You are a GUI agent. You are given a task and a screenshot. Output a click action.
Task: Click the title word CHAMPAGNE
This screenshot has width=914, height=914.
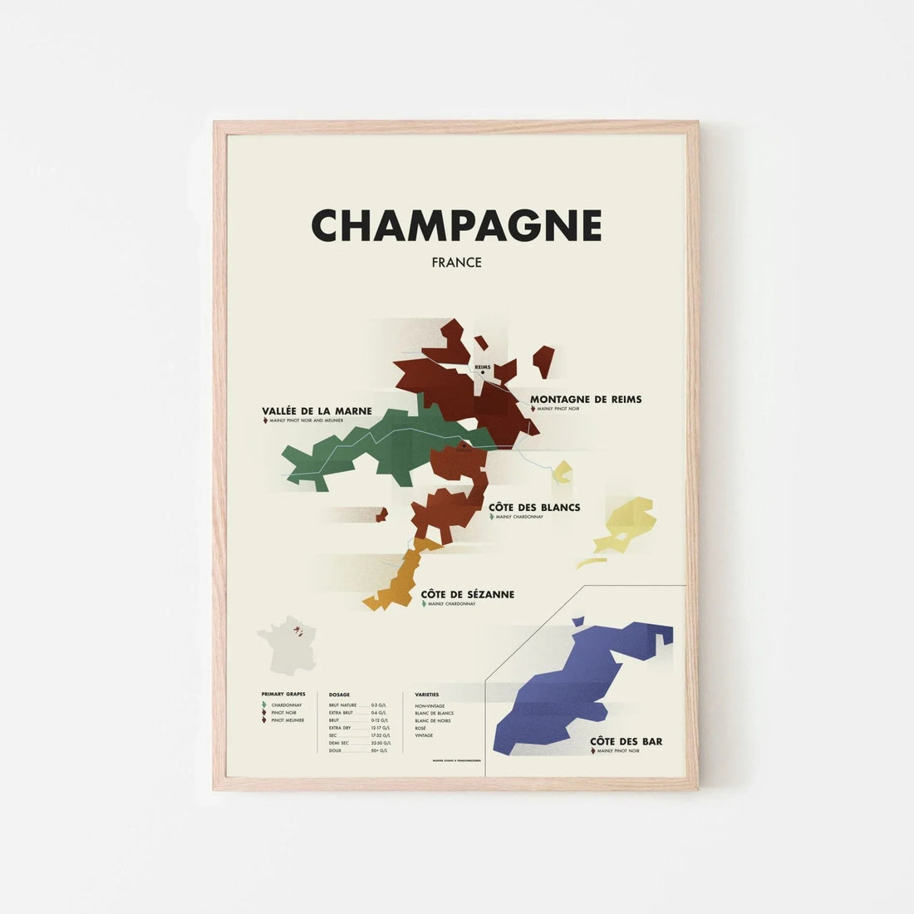[x=456, y=225]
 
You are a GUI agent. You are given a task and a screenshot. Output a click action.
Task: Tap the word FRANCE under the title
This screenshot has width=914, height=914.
[x=456, y=263]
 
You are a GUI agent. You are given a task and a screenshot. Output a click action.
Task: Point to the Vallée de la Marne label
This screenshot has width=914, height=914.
[x=317, y=411]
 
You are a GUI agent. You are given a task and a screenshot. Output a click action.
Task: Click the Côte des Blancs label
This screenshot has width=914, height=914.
[x=534, y=508]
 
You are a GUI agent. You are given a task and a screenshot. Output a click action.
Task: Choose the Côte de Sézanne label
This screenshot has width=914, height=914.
[x=467, y=594]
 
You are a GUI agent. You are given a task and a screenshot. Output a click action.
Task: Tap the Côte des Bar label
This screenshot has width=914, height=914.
[x=626, y=741]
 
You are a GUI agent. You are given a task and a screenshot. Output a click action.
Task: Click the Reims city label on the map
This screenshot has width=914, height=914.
[x=483, y=366]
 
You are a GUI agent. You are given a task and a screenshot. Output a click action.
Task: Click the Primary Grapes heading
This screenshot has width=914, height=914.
[x=283, y=693]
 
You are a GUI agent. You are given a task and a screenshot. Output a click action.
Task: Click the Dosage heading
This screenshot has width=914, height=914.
[x=339, y=693]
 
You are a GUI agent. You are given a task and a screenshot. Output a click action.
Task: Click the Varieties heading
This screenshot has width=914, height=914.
[x=427, y=693]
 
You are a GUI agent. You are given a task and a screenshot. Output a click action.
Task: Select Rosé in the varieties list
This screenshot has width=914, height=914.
[x=421, y=728]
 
